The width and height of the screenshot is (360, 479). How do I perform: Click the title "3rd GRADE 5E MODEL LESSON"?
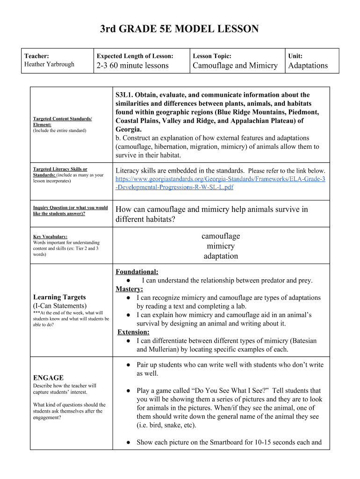pyautogui.click(x=180, y=29)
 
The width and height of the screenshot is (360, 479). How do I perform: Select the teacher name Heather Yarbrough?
pyautogui.click(x=49, y=64)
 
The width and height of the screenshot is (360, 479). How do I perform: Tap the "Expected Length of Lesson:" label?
pyautogui.click(x=135, y=56)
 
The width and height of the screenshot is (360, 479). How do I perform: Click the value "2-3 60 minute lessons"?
pyautogui.click(x=132, y=65)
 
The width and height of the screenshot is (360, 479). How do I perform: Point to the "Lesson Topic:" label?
pyautogui.click(x=212, y=56)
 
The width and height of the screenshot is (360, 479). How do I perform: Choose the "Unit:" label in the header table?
pyautogui.click(x=295, y=56)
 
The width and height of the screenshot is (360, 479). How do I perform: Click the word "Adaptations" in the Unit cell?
pyautogui.click(x=308, y=65)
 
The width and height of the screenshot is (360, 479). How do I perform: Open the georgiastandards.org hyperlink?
pyautogui.click(x=220, y=183)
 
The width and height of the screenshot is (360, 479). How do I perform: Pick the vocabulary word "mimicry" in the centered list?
pyautogui.click(x=221, y=246)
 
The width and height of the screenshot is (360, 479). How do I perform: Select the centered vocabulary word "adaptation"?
pyautogui.click(x=221, y=256)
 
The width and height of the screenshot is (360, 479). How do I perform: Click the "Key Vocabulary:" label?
pyautogui.click(x=50, y=236)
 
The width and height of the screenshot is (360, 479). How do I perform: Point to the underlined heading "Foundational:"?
pyautogui.click(x=137, y=272)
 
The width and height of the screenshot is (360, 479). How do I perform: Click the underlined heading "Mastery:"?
pyautogui.click(x=130, y=289)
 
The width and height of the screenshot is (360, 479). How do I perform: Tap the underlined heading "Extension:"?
pyautogui.click(x=133, y=332)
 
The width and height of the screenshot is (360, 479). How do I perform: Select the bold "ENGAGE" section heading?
pyautogui.click(x=48, y=377)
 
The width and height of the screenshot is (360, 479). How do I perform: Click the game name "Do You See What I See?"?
pyautogui.click(x=228, y=391)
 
